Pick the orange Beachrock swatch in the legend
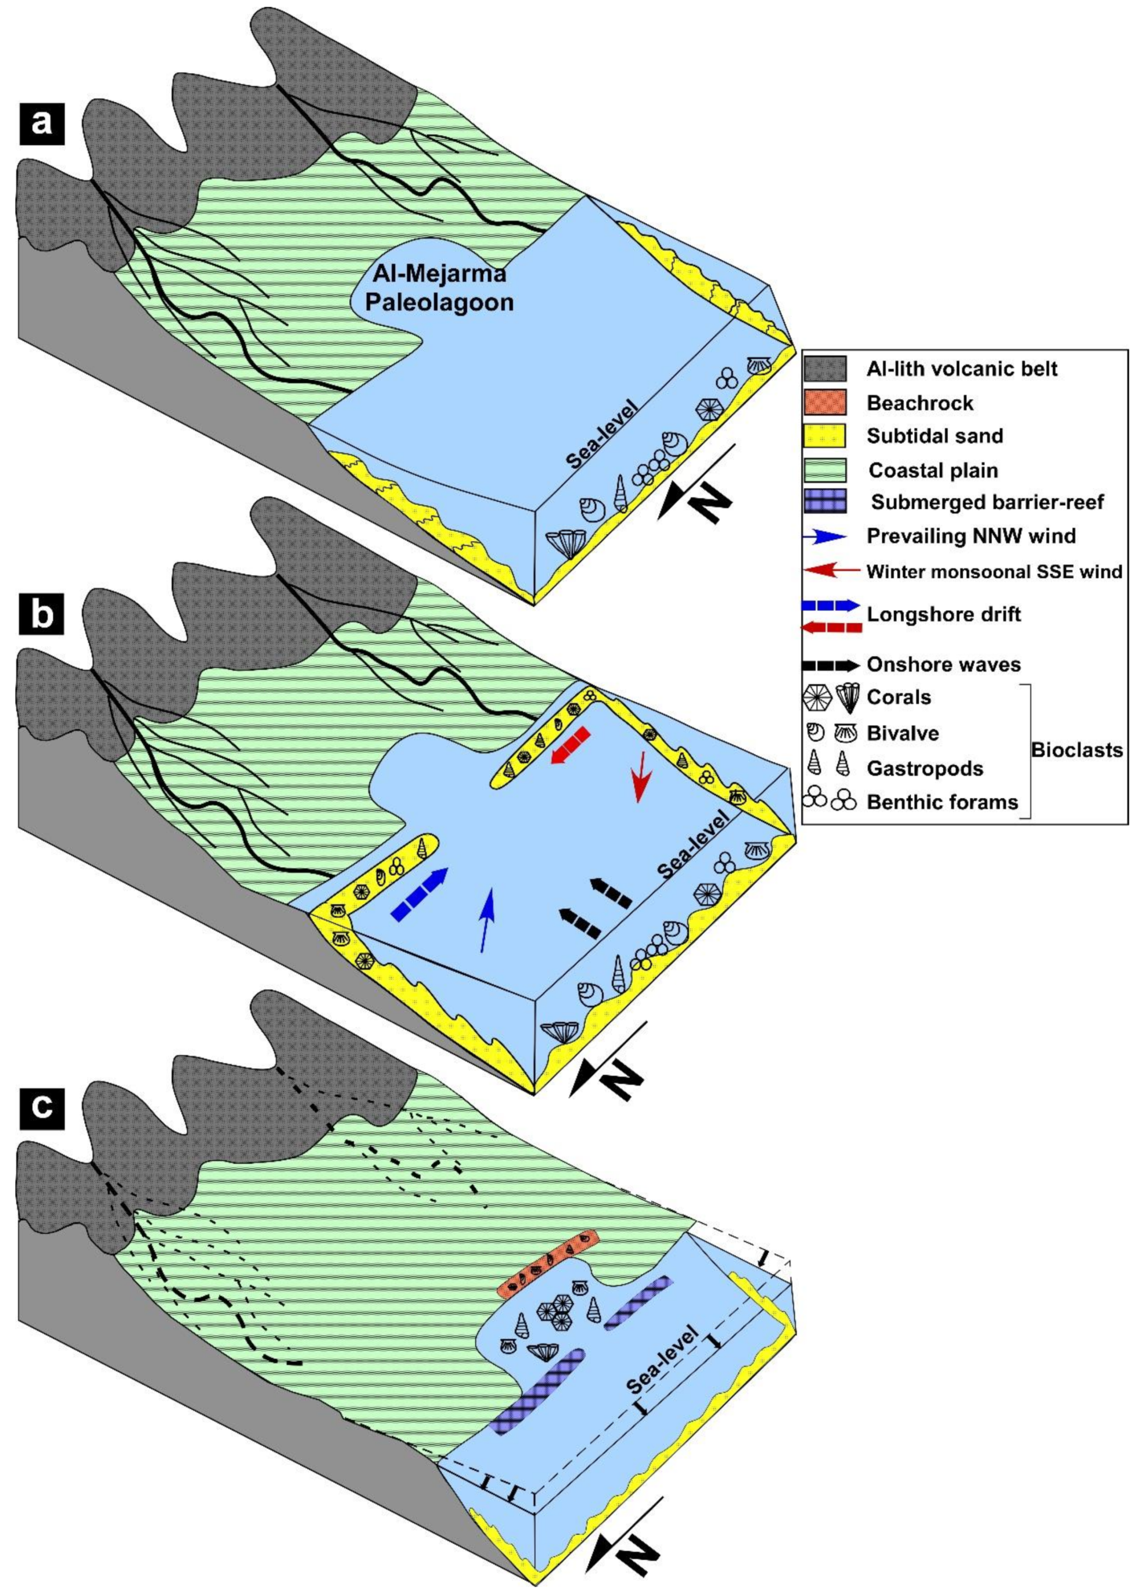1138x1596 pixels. (825, 402)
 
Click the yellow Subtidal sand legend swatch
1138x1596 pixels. (825, 436)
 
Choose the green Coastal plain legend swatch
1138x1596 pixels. (825, 469)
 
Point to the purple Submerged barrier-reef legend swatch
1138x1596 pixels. (825, 502)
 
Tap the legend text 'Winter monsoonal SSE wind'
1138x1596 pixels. (994, 572)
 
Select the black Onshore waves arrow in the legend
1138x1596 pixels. (830, 665)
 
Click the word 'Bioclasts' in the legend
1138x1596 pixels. (1077, 751)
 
